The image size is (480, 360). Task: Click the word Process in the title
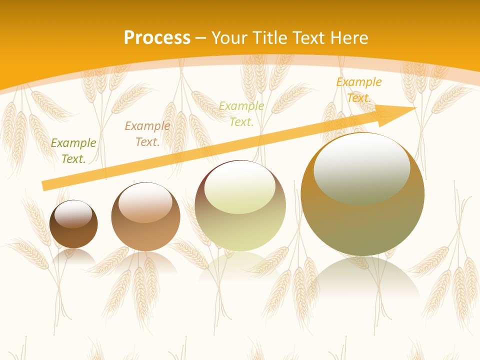(157, 37)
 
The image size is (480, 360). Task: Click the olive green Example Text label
(73, 150)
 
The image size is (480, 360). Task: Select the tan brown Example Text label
(147, 134)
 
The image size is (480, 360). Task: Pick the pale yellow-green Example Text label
(241, 113)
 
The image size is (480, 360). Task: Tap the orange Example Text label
(358, 90)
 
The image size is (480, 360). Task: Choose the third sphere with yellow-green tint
(240, 225)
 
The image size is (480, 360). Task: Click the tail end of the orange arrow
(46, 185)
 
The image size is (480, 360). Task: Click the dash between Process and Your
(200, 38)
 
